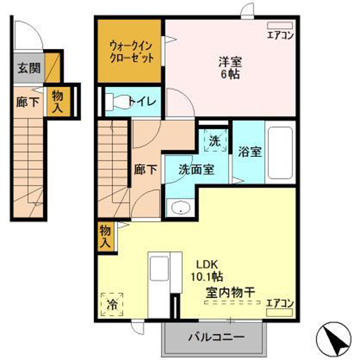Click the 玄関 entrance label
point(29,68)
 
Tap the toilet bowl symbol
point(119,101)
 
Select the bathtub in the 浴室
point(280,152)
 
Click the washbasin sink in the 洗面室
point(181,208)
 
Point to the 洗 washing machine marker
point(215,141)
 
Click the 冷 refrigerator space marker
point(112,304)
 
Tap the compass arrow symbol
point(334,339)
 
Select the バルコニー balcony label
point(216,337)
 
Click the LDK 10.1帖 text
point(207,271)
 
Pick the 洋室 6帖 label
point(230,67)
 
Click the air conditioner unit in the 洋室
point(280,25)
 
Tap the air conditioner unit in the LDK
point(279,313)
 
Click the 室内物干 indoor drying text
point(230,292)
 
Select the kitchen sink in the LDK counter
point(159,268)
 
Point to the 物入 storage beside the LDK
point(105,236)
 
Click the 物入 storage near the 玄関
point(57,101)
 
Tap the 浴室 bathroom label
point(250,151)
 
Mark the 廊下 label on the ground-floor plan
point(28,102)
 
